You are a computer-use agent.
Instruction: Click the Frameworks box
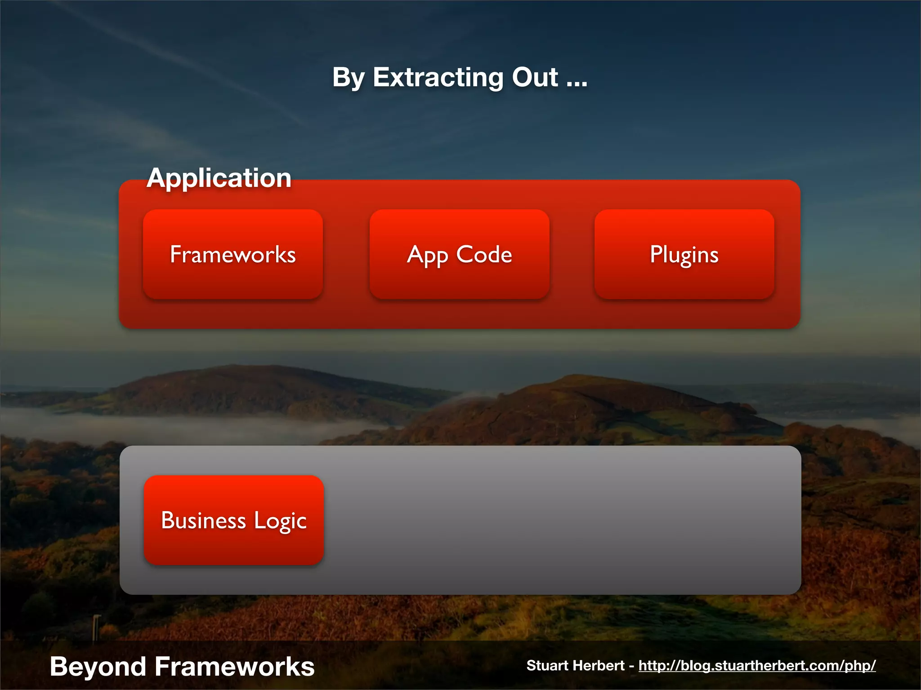[x=233, y=254]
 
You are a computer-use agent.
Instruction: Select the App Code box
[x=459, y=254]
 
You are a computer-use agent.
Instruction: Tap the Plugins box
[x=684, y=254]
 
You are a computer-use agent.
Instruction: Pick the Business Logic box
[x=233, y=520]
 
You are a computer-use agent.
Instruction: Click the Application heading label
[x=219, y=178]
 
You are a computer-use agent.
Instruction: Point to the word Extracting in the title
[x=437, y=77]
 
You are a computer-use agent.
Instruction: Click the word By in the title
[x=348, y=77]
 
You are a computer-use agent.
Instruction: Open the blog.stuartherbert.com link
[x=757, y=665]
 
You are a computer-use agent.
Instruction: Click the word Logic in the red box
[x=280, y=521]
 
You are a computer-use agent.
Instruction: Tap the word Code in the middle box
[x=484, y=254]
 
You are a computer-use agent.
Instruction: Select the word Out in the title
[x=535, y=77]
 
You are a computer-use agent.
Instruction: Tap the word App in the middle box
[x=427, y=255]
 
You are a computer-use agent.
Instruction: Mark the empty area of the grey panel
[x=562, y=520]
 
